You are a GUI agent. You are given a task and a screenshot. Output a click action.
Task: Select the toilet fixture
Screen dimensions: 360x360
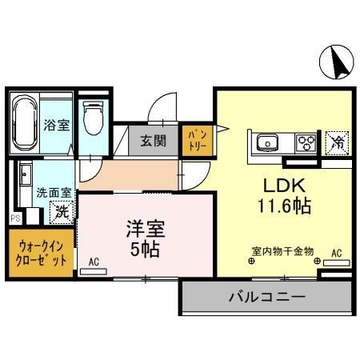(x=94, y=119)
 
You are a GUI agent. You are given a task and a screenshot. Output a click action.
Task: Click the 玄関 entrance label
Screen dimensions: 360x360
(x=154, y=142)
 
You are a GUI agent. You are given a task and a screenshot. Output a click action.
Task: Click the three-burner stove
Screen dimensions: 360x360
(x=306, y=144)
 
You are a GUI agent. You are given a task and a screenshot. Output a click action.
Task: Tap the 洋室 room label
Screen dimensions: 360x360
(x=144, y=227)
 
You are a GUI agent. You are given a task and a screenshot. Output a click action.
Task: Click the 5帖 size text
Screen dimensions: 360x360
(x=144, y=249)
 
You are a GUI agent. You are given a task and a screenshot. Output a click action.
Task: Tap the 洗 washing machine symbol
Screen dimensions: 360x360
(x=61, y=213)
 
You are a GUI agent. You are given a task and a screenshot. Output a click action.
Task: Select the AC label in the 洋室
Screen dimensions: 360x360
(x=94, y=262)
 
